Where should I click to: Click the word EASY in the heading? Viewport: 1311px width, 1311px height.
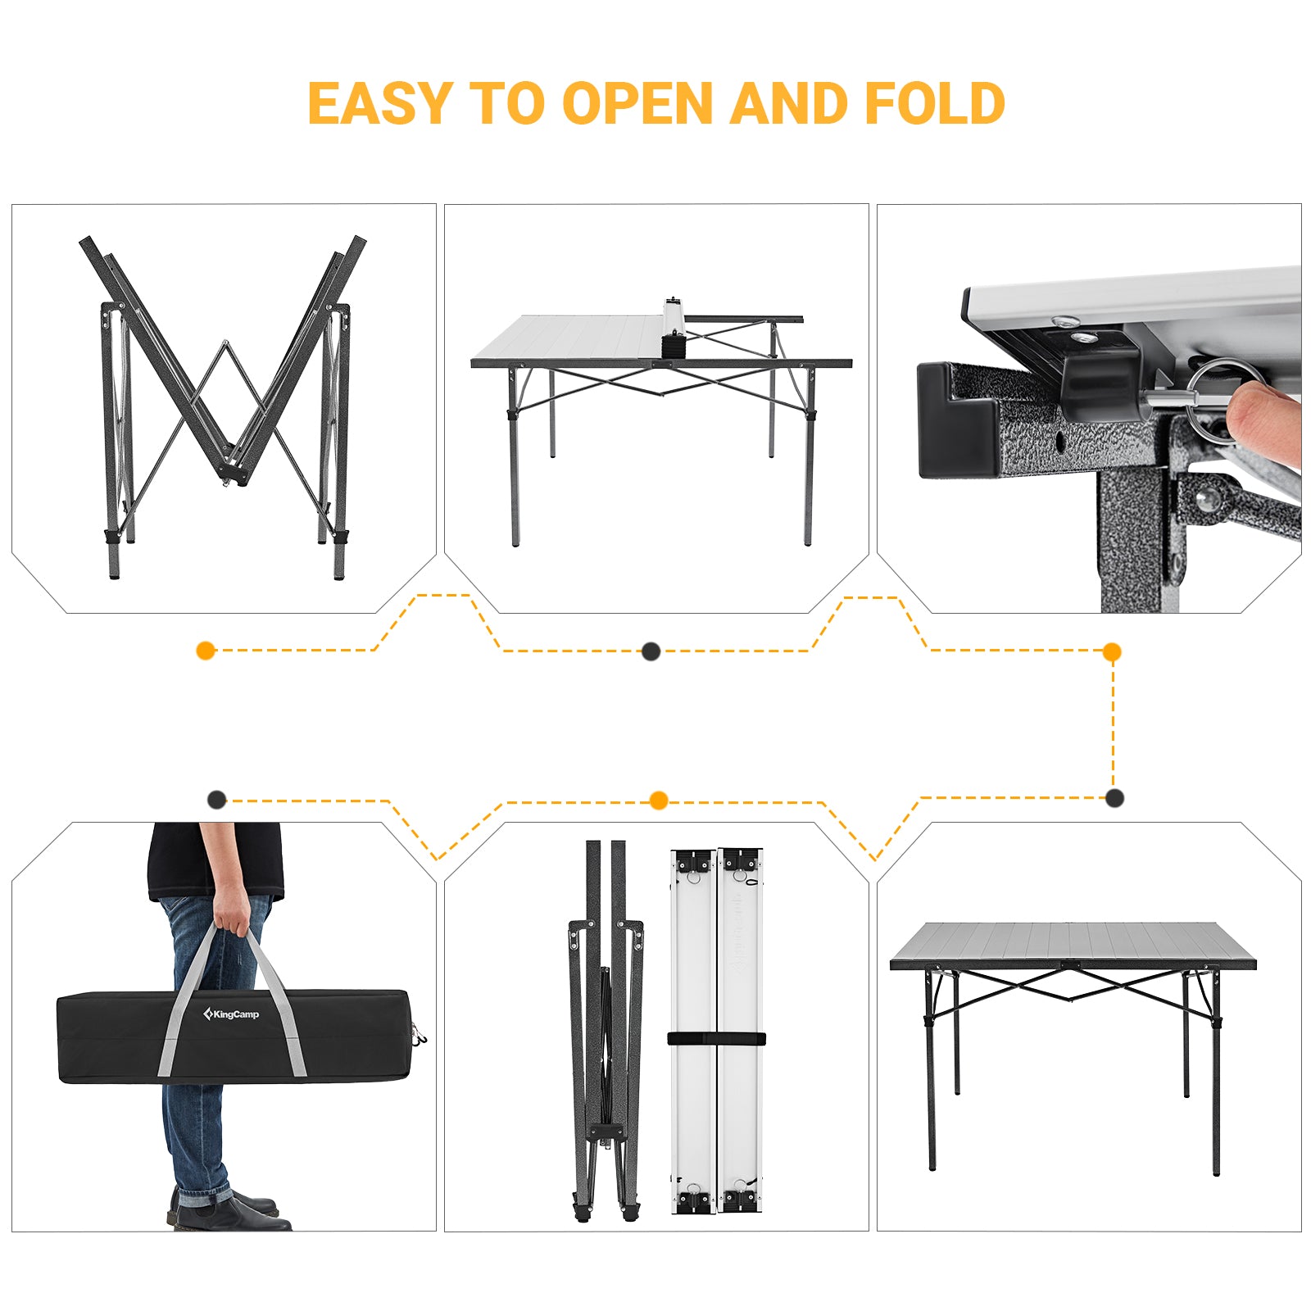pos(379,103)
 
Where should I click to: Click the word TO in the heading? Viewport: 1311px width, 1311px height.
pos(507,103)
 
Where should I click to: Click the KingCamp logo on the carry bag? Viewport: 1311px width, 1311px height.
pos(231,1014)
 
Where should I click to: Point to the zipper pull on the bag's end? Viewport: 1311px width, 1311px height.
pos(420,1035)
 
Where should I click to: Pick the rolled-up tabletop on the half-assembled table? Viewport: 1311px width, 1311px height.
pos(674,328)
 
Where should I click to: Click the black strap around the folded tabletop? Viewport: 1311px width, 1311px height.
pos(716,1039)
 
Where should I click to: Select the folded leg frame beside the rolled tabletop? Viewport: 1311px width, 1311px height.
pos(606,1031)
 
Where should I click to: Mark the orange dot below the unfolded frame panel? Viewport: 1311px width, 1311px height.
pos(206,651)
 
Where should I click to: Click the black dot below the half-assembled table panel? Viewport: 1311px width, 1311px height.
pos(651,651)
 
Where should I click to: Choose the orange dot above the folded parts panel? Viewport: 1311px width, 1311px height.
pos(658,801)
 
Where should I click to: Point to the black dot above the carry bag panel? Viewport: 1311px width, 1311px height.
pos(216,800)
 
